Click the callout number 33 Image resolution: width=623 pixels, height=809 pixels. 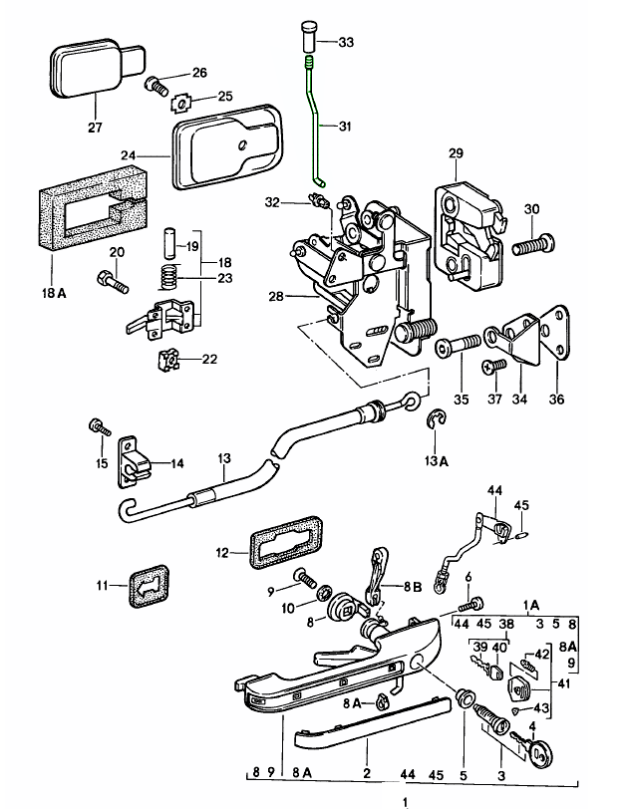pyautogui.click(x=345, y=42)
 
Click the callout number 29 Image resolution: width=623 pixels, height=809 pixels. pyautogui.click(x=457, y=153)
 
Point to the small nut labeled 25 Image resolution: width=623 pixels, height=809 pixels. pyautogui.click(x=182, y=100)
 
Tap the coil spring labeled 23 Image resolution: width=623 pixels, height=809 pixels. pyautogui.click(x=170, y=276)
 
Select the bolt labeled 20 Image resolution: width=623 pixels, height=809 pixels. pyautogui.click(x=114, y=284)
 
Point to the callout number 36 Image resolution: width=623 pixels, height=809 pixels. pyautogui.click(x=556, y=400)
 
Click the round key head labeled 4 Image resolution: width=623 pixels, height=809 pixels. pyautogui.click(x=541, y=753)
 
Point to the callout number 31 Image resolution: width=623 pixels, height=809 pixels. pyautogui.click(x=345, y=127)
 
